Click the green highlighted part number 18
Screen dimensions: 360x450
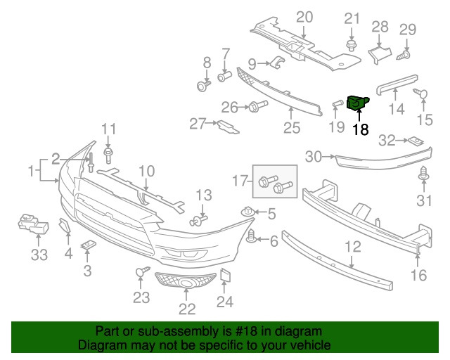coord(359,103)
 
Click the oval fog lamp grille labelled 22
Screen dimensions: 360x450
coord(186,284)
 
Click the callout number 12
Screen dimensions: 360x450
coord(352,246)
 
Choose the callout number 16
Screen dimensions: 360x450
coord(418,275)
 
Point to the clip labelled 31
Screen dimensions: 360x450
coord(424,173)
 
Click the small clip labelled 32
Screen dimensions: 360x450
coord(417,141)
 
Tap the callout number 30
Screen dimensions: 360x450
coord(313,156)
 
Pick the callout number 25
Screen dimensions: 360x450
coord(291,128)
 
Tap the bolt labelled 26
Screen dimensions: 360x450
coord(254,107)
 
